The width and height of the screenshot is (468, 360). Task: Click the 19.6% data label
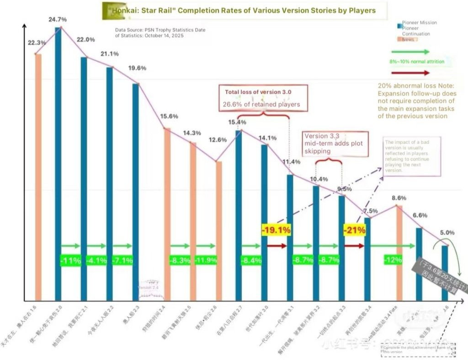(137, 68)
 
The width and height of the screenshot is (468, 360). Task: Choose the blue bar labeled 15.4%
(239, 215)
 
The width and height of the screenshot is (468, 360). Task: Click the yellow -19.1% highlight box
(276, 230)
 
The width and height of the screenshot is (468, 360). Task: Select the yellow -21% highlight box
(355, 230)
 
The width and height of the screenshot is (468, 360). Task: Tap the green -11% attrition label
(70, 261)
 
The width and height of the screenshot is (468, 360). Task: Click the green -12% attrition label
(393, 260)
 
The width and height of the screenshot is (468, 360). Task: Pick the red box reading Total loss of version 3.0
(263, 98)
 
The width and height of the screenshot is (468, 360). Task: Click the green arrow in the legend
(410, 52)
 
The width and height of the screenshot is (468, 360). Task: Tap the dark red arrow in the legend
(410, 73)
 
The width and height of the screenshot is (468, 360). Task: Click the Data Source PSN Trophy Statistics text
(160, 32)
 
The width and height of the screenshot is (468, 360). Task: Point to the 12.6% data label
(218, 140)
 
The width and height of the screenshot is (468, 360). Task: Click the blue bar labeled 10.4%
(316, 243)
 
